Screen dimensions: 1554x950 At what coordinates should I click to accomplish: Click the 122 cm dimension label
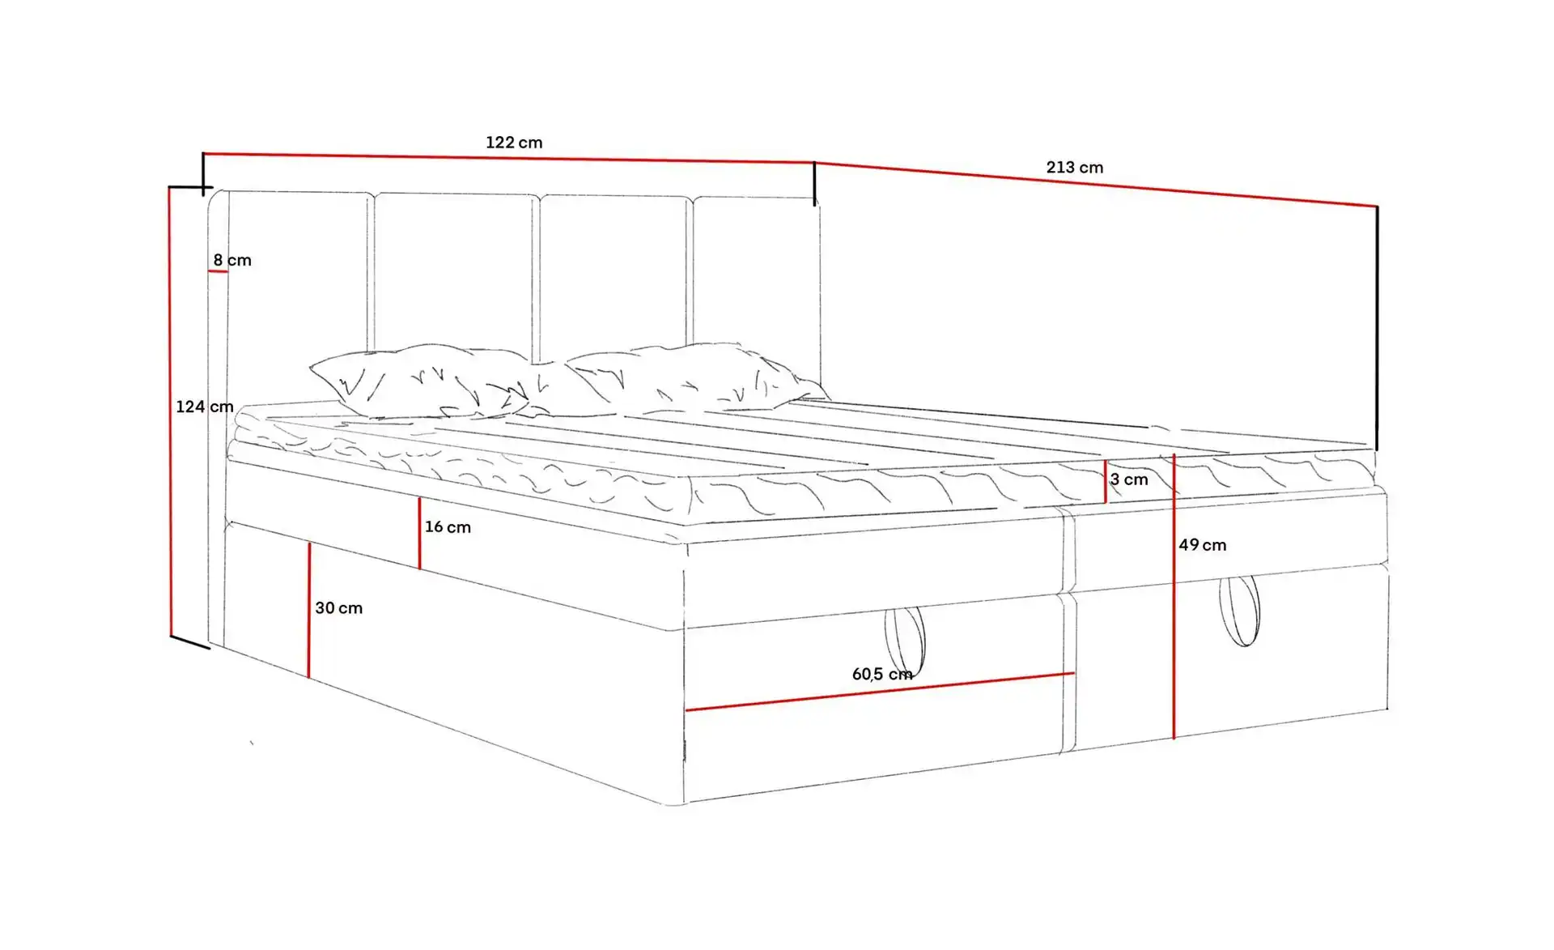(x=514, y=143)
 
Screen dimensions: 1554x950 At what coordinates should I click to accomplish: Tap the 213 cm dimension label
(x=1074, y=168)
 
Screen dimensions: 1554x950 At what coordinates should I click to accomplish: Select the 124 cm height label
(x=205, y=407)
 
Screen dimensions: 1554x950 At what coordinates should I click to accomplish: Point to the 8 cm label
(x=232, y=260)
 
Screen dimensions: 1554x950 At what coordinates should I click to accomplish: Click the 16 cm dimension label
(x=448, y=527)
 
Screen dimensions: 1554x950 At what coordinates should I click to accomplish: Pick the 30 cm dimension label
(x=339, y=608)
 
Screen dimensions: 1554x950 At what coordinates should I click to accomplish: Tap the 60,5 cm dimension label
(x=882, y=674)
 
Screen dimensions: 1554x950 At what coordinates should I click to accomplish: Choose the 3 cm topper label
(x=1129, y=479)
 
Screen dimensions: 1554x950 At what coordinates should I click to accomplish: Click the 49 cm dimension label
(x=1203, y=545)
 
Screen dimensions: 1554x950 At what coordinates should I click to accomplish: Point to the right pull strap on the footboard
(x=1240, y=611)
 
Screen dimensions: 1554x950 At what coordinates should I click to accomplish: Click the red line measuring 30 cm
(x=309, y=610)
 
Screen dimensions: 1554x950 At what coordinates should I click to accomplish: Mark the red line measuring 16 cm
(x=419, y=533)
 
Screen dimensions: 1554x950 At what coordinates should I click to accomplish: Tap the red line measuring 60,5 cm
(x=880, y=692)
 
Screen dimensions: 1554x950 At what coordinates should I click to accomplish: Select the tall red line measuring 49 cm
(x=1174, y=597)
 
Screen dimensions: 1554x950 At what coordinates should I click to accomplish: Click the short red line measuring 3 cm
(x=1106, y=482)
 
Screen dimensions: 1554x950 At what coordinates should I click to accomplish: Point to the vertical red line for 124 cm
(x=171, y=411)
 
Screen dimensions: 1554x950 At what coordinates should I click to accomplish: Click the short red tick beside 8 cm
(x=218, y=271)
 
